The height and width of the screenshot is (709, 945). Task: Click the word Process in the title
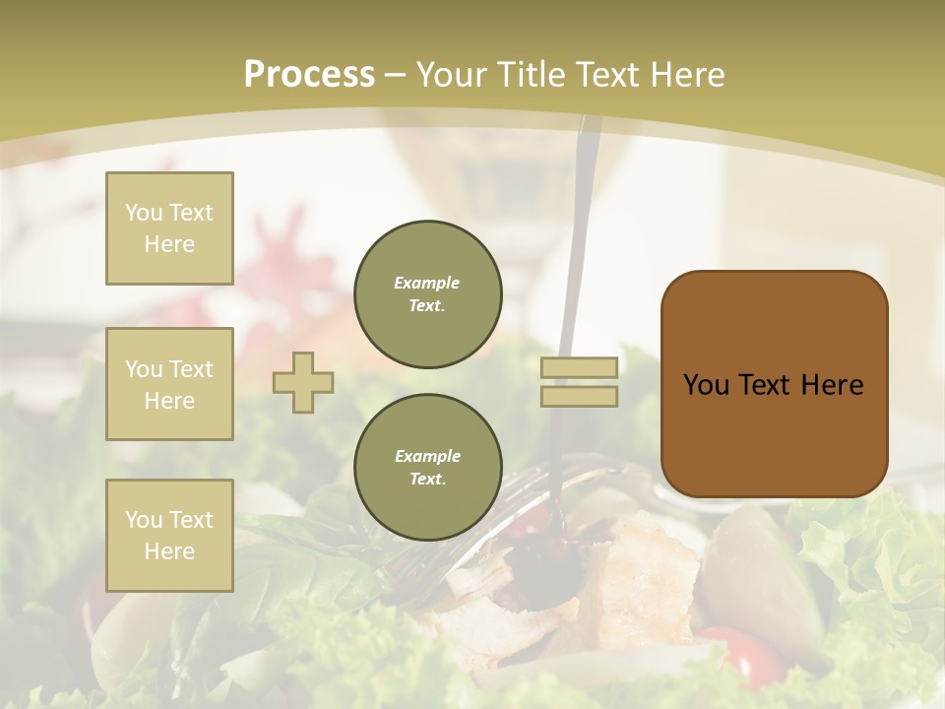(309, 74)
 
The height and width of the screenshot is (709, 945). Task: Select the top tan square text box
(169, 228)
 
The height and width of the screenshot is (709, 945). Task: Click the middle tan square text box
(169, 384)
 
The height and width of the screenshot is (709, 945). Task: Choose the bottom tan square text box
(169, 535)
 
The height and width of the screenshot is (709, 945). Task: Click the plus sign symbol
(303, 382)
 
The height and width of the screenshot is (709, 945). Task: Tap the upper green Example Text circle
(427, 294)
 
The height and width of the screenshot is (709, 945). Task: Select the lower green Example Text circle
(427, 467)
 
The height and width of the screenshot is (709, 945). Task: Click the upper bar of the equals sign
(579, 367)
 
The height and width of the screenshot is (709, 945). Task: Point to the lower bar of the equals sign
(579, 396)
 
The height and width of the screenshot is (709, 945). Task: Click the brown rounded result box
(774, 433)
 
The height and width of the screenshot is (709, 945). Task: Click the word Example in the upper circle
(427, 283)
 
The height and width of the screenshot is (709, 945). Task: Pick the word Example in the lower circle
(427, 456)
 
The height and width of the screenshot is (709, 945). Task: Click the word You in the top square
(144, 213)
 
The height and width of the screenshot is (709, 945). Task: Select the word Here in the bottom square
(169, 551)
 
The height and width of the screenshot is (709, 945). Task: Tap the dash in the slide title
(396, 75)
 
